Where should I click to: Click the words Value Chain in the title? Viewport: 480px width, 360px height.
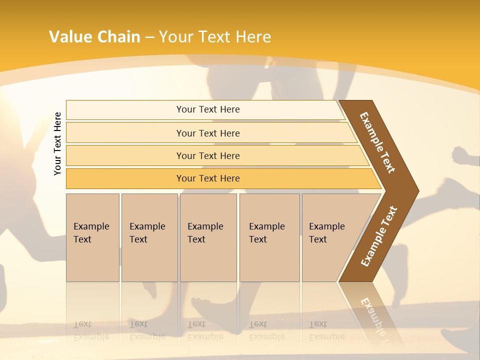coord(94,37)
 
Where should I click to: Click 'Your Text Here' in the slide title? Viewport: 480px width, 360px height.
coord(215,37)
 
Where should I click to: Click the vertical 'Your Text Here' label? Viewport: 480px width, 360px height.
coord(58,143)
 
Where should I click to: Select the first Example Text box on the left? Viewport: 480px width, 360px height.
coord(92,237)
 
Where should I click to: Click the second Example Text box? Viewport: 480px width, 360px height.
coord(149,237)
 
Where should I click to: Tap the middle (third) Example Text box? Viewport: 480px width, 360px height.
coord(208,237)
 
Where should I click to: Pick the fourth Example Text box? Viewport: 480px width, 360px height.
coord(269,237)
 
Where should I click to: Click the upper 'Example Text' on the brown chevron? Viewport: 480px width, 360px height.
coord(377,142)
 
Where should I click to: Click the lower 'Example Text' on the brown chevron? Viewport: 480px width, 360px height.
coord(379,236)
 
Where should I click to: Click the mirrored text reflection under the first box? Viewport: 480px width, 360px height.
coord(91,330)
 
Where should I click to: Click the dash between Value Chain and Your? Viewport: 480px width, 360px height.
coord(149,37)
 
